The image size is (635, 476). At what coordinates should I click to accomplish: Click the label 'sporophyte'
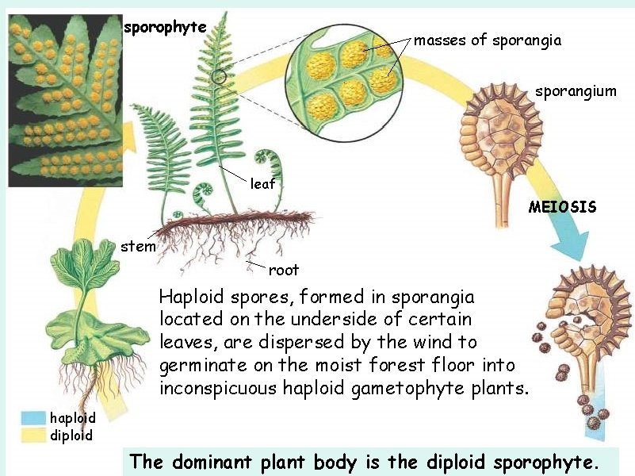[x=165, y=27]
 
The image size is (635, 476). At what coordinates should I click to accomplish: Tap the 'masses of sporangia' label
[x=488, y=40]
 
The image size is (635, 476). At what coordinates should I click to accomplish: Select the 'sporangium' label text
[x=575, y=91]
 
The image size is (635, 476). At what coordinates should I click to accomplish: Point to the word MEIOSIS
[x=562, y=207]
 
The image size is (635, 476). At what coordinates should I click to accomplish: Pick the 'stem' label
[x=138, y=246]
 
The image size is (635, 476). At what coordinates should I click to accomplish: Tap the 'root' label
[x=283, y=270]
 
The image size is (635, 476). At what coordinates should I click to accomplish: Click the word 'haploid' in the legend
[x=73, y=418]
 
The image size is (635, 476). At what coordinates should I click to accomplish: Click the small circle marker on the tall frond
[x=220, y=77]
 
